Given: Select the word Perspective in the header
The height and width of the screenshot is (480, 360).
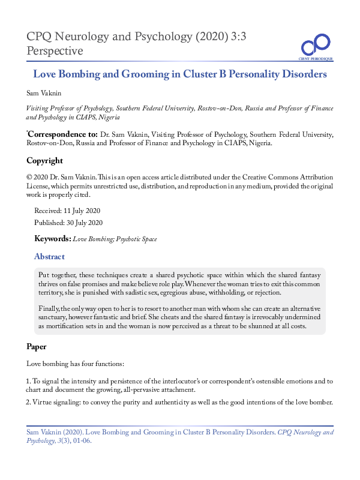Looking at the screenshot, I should [x=55, y=51].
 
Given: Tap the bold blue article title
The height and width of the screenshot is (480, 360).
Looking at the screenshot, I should [x=179, y=75].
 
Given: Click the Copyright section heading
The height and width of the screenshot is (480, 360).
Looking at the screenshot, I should [x=44, y=161].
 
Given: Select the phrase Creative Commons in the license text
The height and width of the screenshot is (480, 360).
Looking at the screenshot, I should [x=273, y=178].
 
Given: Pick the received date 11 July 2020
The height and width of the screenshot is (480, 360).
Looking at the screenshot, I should [x=79, y=211].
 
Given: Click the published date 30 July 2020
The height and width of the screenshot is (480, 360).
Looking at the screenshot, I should [x=82, y=223].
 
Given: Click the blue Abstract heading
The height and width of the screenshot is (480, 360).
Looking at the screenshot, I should [x=50, y=256].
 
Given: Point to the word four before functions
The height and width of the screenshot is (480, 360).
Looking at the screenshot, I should [x=82, y=364].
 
